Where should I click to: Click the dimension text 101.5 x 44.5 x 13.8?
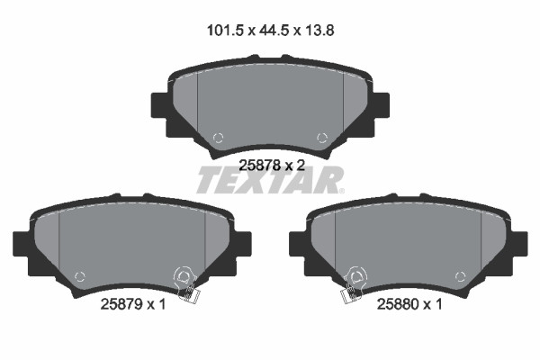[x=270, y=31]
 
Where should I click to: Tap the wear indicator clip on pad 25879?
[x=186, y=285]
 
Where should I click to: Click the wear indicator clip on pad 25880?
[x=353, y=285]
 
